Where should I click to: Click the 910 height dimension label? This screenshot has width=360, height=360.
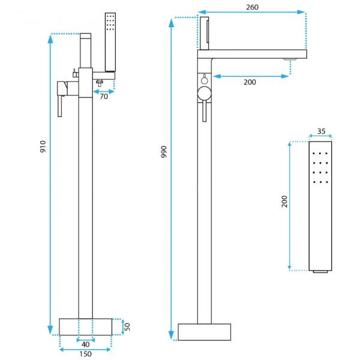pyautogui.click(x=43, y=147)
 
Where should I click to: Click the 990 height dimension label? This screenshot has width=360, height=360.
pyautogui.click(x=164, y=152)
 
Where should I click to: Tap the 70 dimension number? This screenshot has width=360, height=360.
pyautogui.click(x=104, y=96)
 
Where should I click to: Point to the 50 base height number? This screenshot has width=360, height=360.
pyautogui.click(x=127, y=326)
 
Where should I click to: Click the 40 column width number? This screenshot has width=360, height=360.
pyautogui.click(x=86, y=344)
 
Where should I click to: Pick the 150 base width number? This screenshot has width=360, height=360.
pyautogui.click(x=86, y=354)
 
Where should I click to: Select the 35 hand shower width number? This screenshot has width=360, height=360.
pyautogui.click(x=321, y=131)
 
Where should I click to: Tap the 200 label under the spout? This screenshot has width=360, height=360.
pyautogui.click(x=250, y=82)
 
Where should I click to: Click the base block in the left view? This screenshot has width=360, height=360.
pyautogui.click(x=86, y=327)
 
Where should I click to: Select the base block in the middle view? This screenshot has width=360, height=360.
pyautogui.click(x=205, y=332)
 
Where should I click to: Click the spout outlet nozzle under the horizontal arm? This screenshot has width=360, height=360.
pyautogui.click(x=290, y=59)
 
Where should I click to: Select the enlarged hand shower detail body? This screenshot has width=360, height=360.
pyautogui.click(x=320, y=206)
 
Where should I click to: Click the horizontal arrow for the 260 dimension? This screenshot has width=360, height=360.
pyautogui.click(x=252, y=12)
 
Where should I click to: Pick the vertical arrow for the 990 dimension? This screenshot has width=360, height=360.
pyautogui.click(x=172, y=180)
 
